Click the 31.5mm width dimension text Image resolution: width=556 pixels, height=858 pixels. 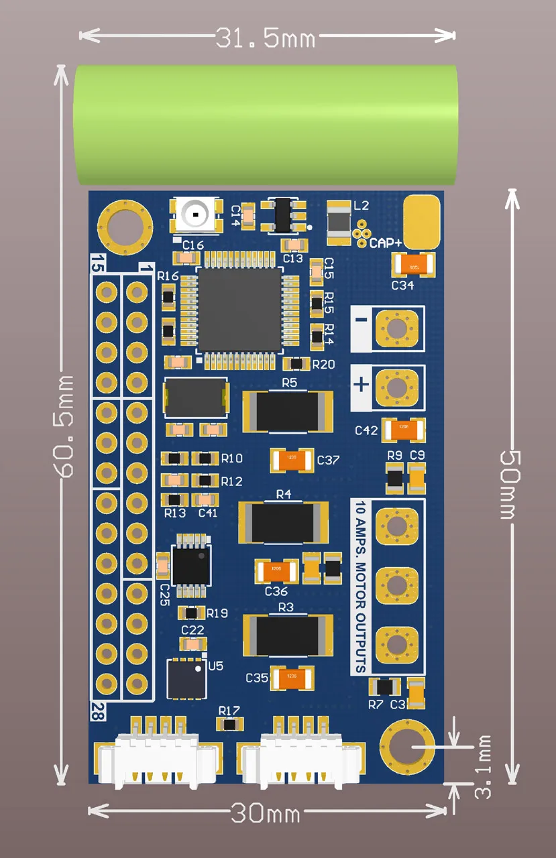266,38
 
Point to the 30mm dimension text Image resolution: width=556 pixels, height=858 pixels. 266,813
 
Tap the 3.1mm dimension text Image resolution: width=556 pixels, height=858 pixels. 483,767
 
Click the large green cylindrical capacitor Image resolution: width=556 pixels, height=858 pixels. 266,125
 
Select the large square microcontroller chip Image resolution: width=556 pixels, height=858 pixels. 239,310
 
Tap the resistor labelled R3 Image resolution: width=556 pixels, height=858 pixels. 287,635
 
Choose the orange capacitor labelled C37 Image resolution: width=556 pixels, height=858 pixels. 292,460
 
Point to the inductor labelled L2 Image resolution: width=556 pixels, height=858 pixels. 338,221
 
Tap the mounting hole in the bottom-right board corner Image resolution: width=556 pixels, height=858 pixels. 407,745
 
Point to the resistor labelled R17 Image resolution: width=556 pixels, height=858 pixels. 230,724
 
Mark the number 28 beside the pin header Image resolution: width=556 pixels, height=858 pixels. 99,709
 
